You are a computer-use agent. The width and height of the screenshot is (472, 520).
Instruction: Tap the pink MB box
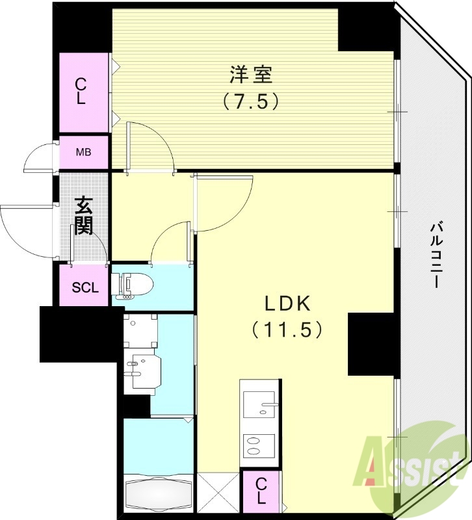pos(83,153)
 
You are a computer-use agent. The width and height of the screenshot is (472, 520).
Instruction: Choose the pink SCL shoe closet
pos(85,286)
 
